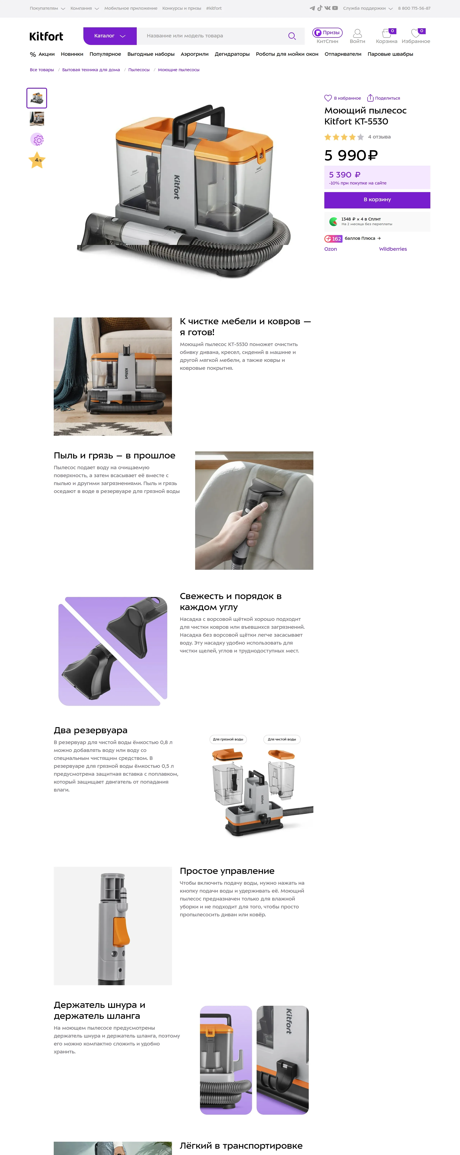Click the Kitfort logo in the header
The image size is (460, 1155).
tap(46, 36)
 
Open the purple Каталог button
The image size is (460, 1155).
tap(110, 36)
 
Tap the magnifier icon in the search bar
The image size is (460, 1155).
tap(292, 36)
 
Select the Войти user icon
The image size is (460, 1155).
tap(357, 33)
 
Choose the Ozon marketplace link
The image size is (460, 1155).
tap(331, 249)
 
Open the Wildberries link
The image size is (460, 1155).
tap(393, 249)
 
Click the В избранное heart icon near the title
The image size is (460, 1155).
tap(328, 98)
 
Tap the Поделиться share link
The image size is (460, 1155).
tap(383, 98)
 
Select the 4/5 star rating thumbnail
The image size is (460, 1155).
tap(37, 160)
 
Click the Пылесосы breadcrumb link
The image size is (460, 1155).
tap(139, 70)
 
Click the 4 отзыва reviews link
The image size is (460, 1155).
tap(379, 137)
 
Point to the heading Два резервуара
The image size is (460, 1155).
tap(91, 730)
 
